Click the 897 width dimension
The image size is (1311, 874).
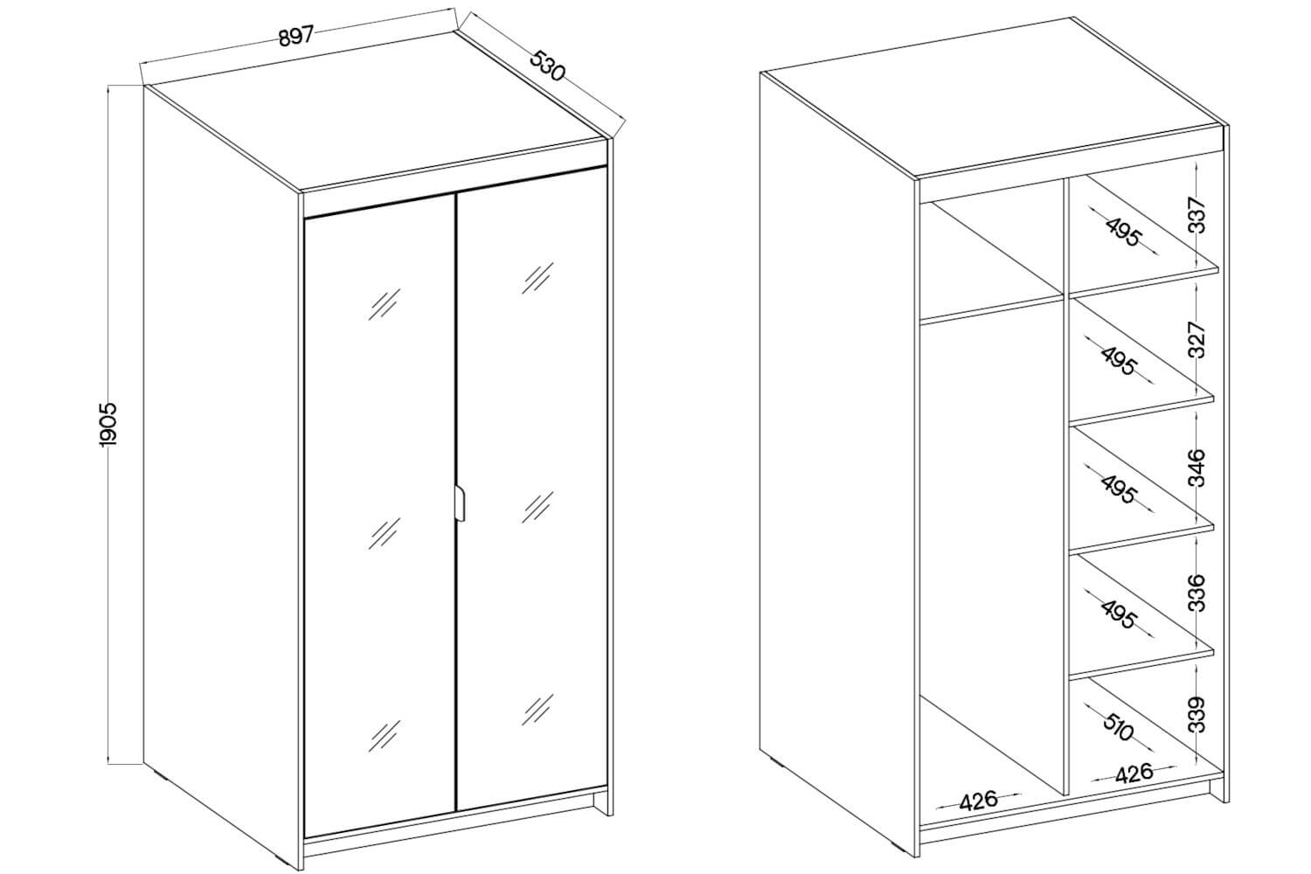297,36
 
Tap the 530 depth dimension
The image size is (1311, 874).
548,66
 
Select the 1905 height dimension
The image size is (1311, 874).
109,424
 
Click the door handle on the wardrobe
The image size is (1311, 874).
459,503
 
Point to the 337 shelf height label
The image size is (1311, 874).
1198,215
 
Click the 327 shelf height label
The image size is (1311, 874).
1198,339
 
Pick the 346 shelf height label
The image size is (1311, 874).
1198,468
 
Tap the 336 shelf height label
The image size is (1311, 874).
1198,593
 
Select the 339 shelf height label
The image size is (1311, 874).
1198,714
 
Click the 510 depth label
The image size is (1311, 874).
1119,727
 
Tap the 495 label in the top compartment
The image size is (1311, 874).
1123,232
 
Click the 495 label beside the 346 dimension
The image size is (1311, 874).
1119,489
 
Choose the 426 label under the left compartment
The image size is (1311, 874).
977,801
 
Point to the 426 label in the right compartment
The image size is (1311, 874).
1134,773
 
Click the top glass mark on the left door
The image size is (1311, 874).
384,304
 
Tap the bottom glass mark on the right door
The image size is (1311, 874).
538,710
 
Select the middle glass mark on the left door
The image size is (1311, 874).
384,533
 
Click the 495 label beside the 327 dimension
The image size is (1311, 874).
1119,361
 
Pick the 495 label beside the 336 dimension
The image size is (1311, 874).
1119,614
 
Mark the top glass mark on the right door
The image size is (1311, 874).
538,277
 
